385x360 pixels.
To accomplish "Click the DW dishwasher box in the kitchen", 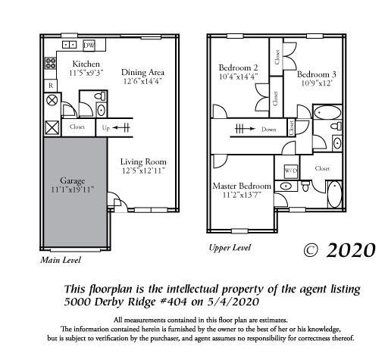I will tap(89, 45).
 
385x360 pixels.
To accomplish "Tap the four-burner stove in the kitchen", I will tap(51, 64).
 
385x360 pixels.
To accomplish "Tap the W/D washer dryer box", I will tap(291, 171).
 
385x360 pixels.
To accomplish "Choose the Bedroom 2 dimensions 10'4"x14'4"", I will tap(238, 77).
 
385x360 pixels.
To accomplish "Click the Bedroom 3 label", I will tap(317, 74).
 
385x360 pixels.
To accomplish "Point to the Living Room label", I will tap(143, 161).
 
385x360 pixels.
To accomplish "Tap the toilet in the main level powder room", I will tap(102, 109).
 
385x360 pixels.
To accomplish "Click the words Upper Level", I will tap(230, 248).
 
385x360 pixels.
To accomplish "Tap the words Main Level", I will tap(61, 260).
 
